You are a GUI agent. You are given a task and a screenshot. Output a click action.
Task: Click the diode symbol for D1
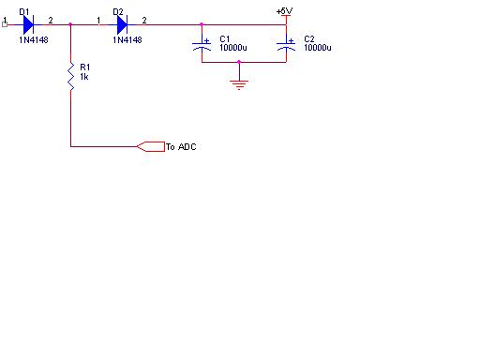tap(28, 24)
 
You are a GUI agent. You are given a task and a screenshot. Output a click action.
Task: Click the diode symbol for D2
tap(122, 24)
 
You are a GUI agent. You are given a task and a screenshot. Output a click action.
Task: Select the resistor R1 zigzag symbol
tap(71, 77)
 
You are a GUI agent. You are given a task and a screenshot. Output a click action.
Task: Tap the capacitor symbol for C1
tap(202, 44)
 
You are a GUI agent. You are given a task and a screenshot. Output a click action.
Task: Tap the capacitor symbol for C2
tap(286, 44)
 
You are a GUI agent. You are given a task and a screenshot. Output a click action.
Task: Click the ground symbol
tap(239, 84)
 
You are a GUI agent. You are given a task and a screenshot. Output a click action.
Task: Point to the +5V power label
tap(284, 11)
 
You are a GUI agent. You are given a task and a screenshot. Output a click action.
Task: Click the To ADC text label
tap(181, 147)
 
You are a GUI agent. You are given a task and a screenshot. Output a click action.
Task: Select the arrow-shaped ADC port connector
tap(151, 146)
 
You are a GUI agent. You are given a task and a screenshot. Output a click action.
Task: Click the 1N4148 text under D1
tap(34, 40)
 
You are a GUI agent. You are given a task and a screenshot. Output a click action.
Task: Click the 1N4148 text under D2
tap(127, 40)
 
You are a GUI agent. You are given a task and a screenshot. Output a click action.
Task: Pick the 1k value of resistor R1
tap(84, 77)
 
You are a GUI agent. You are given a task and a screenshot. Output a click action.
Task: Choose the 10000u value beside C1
tap(233, 48)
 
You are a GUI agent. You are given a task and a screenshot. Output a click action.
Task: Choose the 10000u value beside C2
tap(318, 48)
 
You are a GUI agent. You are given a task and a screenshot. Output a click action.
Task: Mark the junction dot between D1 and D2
tap(70, 24)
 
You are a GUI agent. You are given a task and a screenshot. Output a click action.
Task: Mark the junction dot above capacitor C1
tap(202, 24)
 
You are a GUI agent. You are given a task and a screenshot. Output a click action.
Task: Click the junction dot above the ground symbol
tap(239, 62)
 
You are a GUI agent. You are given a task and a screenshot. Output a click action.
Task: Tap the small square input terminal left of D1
tap(5, 24)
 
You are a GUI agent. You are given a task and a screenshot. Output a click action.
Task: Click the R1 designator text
tap(85, 67)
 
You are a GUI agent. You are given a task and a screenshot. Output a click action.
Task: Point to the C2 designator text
tap(309, 39)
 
